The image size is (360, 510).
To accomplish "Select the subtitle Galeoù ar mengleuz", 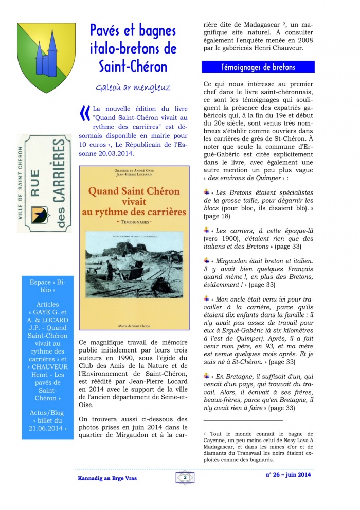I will point(133,87).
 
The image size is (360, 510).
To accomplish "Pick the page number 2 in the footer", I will point(184,478).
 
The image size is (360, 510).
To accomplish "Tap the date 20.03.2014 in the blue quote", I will point(114,153).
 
